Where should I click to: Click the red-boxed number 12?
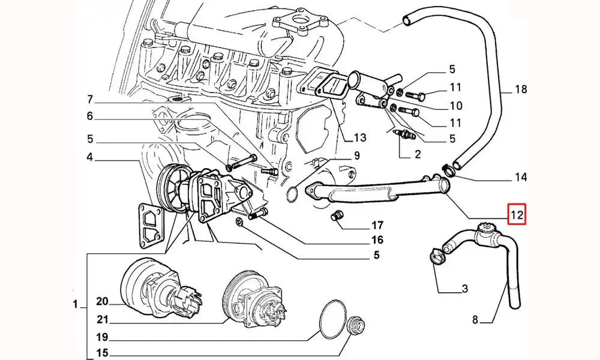517,214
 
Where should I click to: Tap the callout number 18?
520,90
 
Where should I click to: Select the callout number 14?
520,177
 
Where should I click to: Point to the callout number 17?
377,226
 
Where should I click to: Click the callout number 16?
377,240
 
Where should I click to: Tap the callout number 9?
356,156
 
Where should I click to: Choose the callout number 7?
90,99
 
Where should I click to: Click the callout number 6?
90,116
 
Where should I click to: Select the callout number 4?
90,158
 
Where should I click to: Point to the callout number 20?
101,301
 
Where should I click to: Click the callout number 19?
101,337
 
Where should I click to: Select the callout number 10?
455,106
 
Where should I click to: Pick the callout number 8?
475,320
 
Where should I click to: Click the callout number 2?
416,154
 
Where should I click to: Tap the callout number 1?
76,305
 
